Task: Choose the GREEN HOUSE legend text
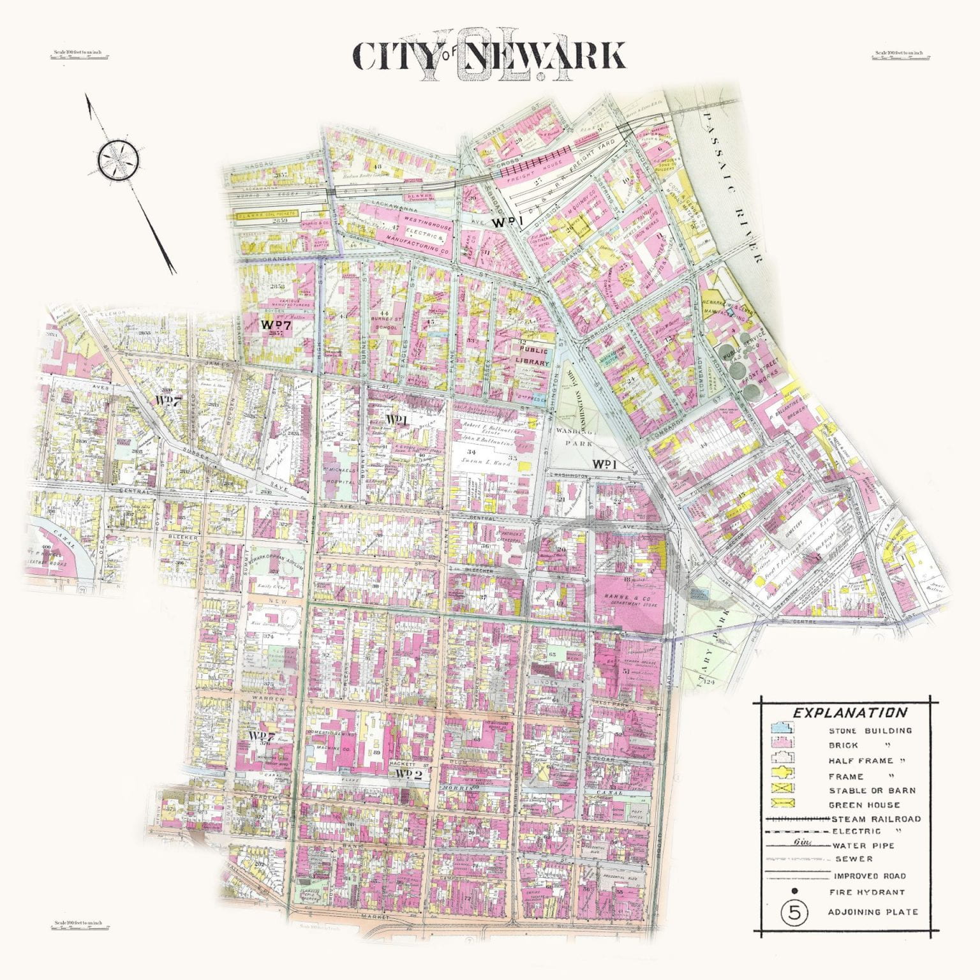[x=864, y=805]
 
